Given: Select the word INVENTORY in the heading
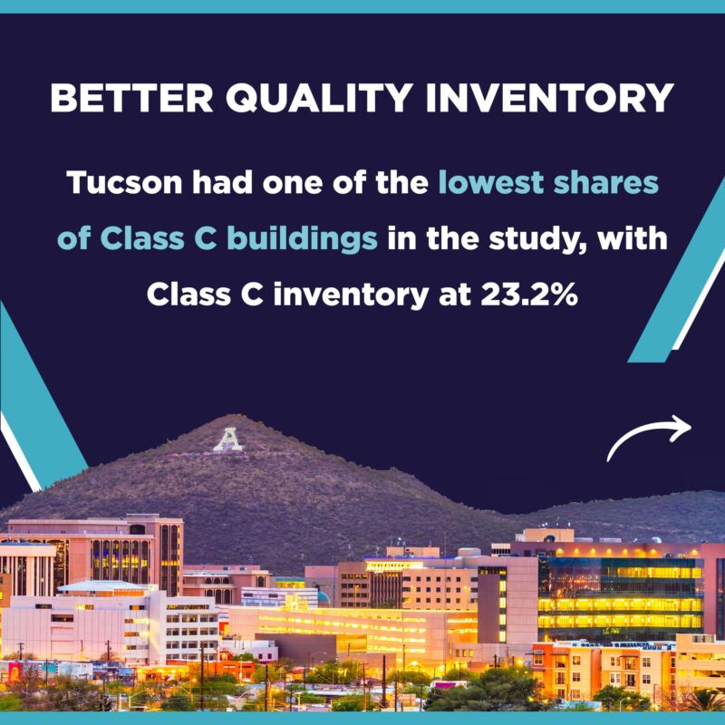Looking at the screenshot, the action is (x=549, y=98).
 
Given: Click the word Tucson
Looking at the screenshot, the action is (x=124, y=183).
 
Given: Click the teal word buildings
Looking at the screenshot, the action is (x=302, y=239).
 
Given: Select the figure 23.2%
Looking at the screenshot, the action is (x=529, y=295).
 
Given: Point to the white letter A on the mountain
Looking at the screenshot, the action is (x=228, y=440).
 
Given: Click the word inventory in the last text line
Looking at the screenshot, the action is (x=351, y=296).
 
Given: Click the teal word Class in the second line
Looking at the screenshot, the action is (x=142, y=238).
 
